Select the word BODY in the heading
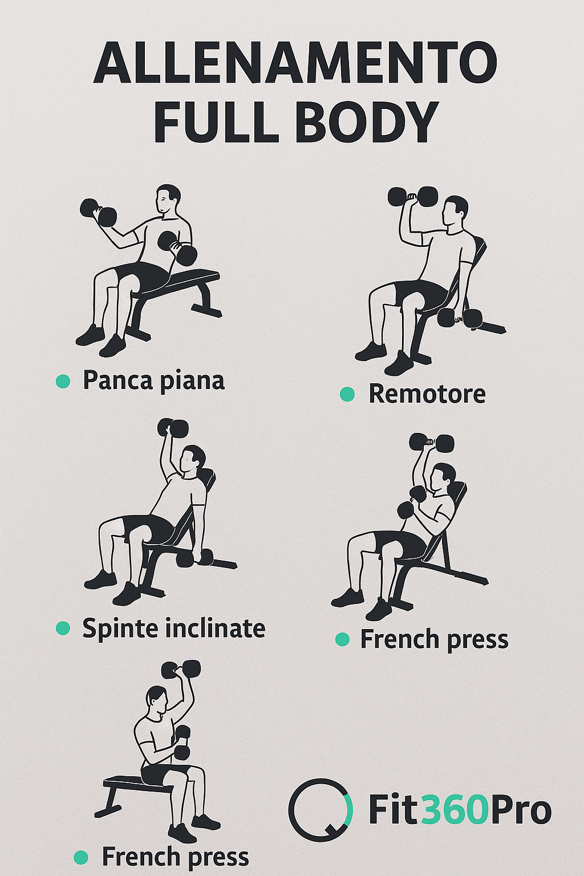367,122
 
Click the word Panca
117,380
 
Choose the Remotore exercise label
427,394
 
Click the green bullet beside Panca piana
63,381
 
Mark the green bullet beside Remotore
347,394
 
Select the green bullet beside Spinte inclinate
63,628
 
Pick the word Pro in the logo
521,810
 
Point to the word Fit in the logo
394,810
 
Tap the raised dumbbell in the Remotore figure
413,197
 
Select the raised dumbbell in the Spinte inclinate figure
173,427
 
